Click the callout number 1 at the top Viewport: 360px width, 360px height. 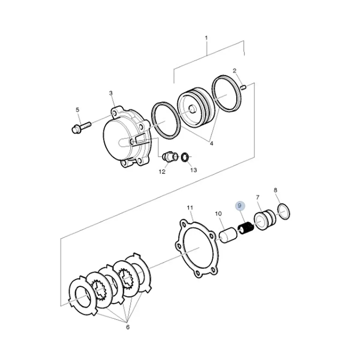click(x=206, y=38)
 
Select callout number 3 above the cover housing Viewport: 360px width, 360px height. click(x=111, y=93)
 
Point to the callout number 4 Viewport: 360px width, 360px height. click(x=211, y=143)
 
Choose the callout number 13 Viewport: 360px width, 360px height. click(x=193, y=170)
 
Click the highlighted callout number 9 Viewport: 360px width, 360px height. click(x=239, y=206)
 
